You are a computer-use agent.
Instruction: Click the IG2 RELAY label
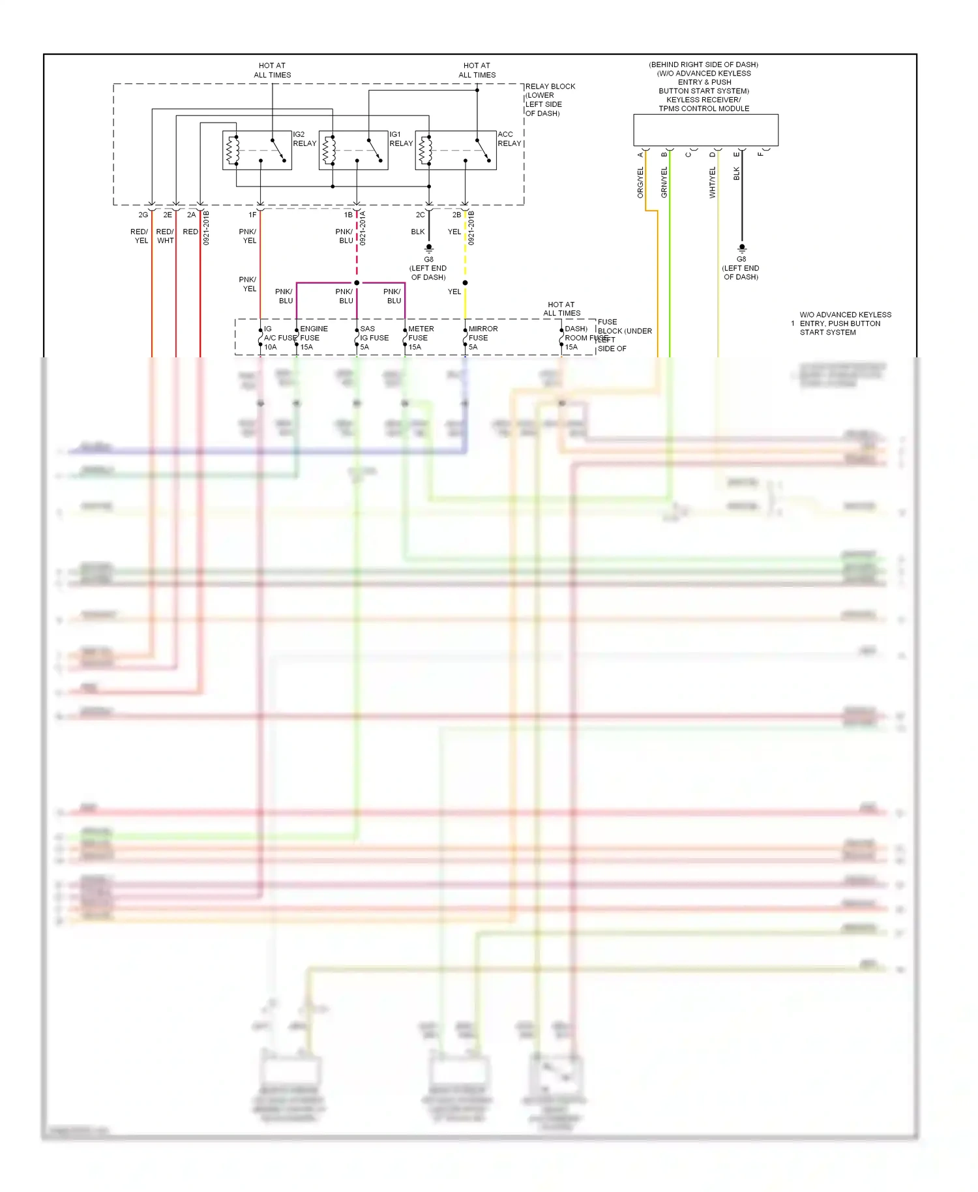coord(304,139)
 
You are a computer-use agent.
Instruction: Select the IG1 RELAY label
coord(400,139)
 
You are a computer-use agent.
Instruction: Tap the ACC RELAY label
coord(509,139)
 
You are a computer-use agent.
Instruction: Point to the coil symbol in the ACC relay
coord(424,151)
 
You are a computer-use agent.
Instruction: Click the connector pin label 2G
coord(143,215)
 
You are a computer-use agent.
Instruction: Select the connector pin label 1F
coord(252,215)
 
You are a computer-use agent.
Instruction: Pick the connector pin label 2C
coord(420,215)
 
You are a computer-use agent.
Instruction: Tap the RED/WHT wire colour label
coord(165,236)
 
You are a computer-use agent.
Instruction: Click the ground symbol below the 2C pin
coord(429,248)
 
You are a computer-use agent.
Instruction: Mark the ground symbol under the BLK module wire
coord(741,248)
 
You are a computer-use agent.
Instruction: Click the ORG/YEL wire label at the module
coord(640,183)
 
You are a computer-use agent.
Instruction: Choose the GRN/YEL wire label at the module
coord(664,183)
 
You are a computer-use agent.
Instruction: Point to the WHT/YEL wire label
coord(712,183)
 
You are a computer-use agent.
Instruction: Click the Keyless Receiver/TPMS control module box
coord(705,130)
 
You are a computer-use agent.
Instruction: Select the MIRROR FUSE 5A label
coord(482,338)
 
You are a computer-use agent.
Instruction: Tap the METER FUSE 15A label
coord(420,338)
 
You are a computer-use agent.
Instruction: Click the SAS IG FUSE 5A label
coord(374,338)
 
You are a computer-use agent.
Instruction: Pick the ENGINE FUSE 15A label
coord(313,338)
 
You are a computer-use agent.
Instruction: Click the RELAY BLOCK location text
coord(550,100)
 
